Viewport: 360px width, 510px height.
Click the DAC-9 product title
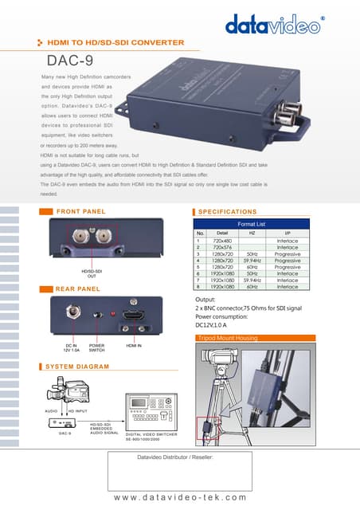[x=71, y=61]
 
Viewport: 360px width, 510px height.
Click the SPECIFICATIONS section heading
[x=227, y=211]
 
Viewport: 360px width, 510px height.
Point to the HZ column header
[x=252, y=233]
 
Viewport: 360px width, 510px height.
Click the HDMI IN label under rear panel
[x=135, y=345]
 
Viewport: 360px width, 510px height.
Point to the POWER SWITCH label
[x=97, y=347]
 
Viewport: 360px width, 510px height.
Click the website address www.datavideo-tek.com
[x=180, y=497]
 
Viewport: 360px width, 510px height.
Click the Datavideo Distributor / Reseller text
[x=180, y=459]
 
